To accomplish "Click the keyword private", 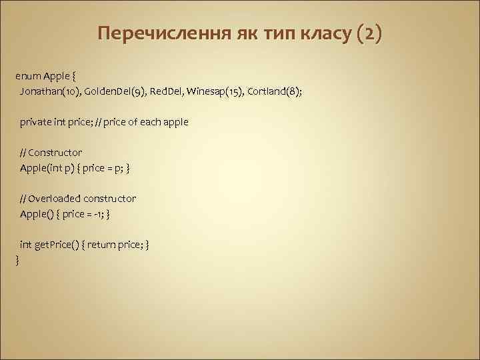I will pyautogui.click(x=34, y=122).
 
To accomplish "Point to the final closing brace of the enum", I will pyautogui.click(x=17, y=260).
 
